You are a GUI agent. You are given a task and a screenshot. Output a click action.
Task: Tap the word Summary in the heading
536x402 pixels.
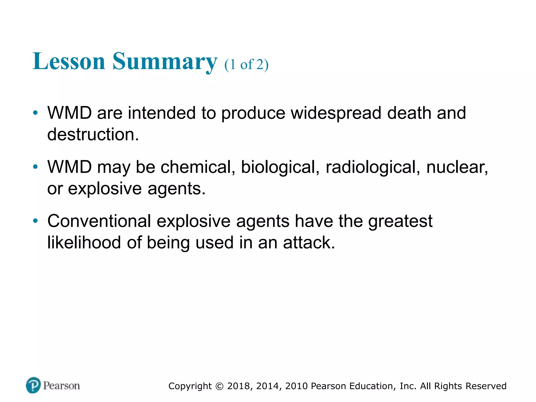pyautogui.click(x=165, y=62)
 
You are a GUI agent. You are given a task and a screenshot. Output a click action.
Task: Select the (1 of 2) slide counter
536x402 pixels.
pyautogui.click(x=246, y=64)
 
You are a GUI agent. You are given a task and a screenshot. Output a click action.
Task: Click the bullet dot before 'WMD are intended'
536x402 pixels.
pyautogui.click(x=35, y=113)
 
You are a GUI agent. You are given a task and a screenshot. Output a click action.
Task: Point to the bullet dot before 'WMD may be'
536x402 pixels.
pyautogui.click(x=35, y=167)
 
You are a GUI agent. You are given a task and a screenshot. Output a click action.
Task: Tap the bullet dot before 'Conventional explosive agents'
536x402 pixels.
pyautogui.click(x=35, y=221)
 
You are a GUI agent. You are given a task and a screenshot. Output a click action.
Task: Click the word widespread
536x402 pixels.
pyautogui.click(x=336, y=113)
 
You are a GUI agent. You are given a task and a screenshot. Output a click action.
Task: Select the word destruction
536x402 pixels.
pyautogui.click(x=93, y=134)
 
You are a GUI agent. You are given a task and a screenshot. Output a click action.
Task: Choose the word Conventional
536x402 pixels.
pyautogui.click(x=99, y=221)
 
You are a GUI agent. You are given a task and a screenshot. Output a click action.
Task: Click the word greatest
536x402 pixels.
pyautogui.click(x=400, y=221)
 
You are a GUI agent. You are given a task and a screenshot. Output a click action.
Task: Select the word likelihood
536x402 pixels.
pyautogui.click(x=84, y=242)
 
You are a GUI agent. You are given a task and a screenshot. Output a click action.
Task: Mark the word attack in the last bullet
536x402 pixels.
pyautogui.click(x=309, y=242)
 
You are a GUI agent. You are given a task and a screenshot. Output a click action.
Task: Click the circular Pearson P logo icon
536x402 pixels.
pyautogui.click(x=33, y=385)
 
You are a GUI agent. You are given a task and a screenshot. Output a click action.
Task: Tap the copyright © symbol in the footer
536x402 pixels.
pyautogui.click(x=219, y=386)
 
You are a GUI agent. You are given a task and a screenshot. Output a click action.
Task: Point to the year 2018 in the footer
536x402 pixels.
pyautogui.click(x=240, y=386)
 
